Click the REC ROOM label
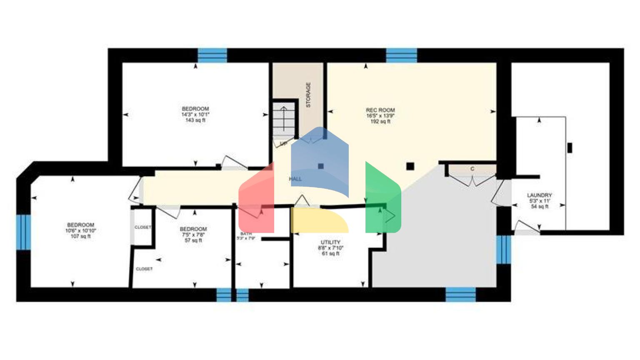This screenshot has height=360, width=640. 380,110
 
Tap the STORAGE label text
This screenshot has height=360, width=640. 308,95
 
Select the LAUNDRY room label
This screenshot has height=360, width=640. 539,195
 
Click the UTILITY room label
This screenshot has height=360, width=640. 330,242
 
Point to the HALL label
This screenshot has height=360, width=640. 295,179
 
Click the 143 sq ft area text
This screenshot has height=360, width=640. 195,120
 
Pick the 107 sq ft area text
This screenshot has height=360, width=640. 80,236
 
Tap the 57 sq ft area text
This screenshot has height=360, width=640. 193,240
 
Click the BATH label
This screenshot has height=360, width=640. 246,234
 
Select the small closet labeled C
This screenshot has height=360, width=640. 472,169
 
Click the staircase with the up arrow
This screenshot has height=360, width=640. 284,119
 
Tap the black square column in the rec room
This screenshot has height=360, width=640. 410,166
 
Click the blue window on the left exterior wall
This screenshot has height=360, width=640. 23,232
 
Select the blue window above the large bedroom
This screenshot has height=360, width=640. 212,55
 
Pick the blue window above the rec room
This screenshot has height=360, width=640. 401,55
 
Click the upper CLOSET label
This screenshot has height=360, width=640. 142,227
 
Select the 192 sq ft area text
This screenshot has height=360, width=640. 380,122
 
